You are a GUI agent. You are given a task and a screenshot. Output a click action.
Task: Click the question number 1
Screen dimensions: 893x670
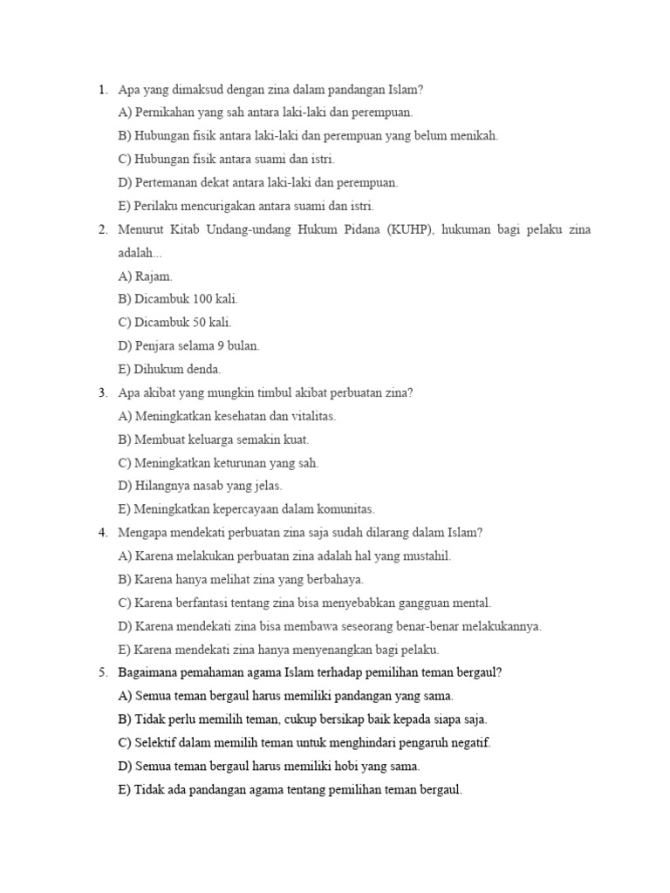click(102, 89)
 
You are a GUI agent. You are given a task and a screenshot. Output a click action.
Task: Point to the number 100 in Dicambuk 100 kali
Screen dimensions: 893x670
click(205, 299)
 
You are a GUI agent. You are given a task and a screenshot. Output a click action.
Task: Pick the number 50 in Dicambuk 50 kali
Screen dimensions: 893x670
click(202, 323)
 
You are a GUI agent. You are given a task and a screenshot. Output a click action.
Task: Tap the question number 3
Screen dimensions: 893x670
click(102, 392)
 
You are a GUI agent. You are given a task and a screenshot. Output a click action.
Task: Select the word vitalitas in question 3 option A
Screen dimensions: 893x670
click(310, 416)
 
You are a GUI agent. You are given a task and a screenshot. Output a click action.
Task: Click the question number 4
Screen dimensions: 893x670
click(102, 533)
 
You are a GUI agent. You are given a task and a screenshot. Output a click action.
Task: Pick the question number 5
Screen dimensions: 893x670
click(102, 672)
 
